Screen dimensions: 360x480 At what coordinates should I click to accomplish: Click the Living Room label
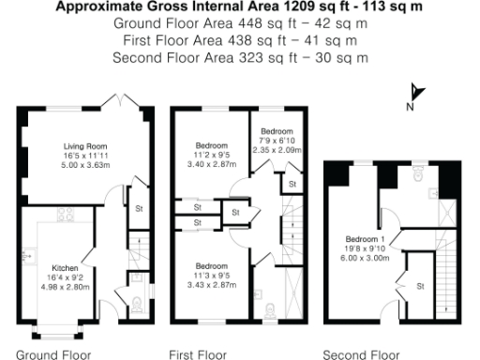[x=85, y=146]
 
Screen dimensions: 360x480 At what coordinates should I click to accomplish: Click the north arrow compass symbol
[x=417, y=92]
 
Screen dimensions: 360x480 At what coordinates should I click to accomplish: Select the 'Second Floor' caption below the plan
[x=361, y=354]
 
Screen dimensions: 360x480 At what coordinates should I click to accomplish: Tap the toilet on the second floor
[x=415, y=174]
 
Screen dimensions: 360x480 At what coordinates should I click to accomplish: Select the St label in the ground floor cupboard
[x=139, y=207]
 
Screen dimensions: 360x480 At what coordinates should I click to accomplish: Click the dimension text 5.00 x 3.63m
[x=85, y=165]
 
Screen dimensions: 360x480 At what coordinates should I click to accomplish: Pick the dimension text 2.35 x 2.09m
[x=277, y=148]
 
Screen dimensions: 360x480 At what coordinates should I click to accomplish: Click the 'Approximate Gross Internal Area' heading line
[x=239, y=6]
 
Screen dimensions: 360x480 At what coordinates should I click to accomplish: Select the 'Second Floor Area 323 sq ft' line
[x=239, y=57]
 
